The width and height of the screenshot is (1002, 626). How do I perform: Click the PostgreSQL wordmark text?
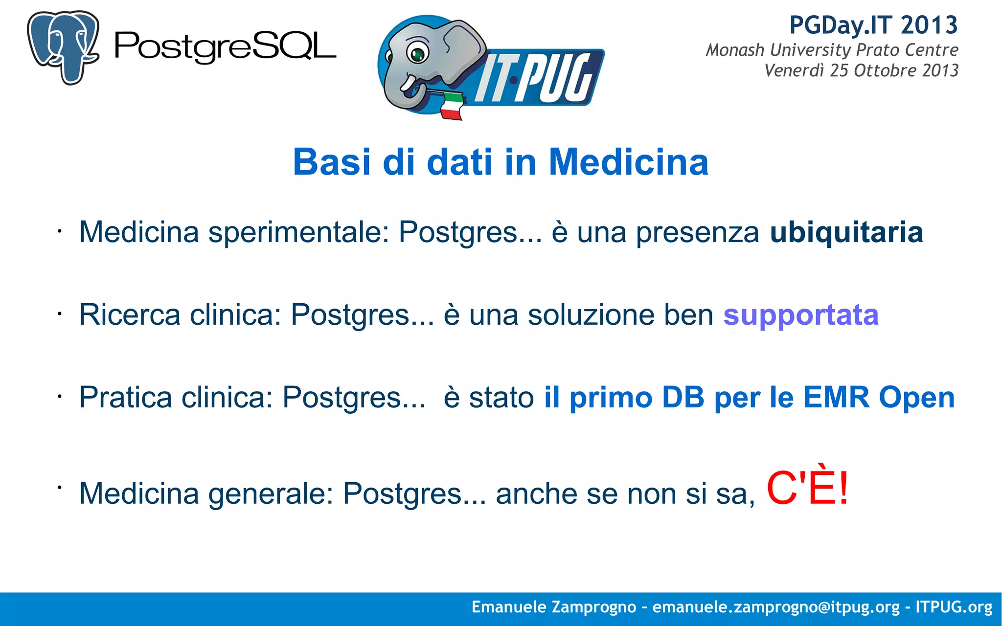pyautogui.click(x=225, y=47)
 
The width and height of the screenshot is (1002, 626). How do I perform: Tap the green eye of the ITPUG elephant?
pyautogui.click(x=417, y=54)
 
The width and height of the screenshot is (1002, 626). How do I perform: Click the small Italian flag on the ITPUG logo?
pyautogui.click(x=451, y=105)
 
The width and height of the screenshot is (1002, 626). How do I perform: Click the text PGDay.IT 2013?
pyautogui.click(x=873, y=25)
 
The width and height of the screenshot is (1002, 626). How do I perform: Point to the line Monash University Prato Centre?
pyautogui.click(x=832, y=50)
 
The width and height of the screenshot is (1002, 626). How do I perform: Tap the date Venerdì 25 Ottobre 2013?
pyautogui.click(x=861, y=70)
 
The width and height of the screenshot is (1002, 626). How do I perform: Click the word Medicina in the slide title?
pyautogui.click(x=629, y=162)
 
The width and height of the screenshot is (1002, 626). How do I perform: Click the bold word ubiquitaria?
pyautogui.click(x=846, y=232)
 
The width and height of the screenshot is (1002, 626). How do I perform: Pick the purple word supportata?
pyautogui.click(x=801, y=315)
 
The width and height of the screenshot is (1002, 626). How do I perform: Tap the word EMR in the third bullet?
pyautogui.click(x=836, y=397)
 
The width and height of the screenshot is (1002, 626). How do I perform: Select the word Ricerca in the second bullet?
pyautogui.click(x=130, y=314)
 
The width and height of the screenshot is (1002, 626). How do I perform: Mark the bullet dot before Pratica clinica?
pyautogui.click(x=59, y=396)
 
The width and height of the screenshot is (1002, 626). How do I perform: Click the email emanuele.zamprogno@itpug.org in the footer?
pyautogui.click(x=776, y=607)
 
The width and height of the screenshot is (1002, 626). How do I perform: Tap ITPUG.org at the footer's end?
pyautogui.click(x=954, y=607)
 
